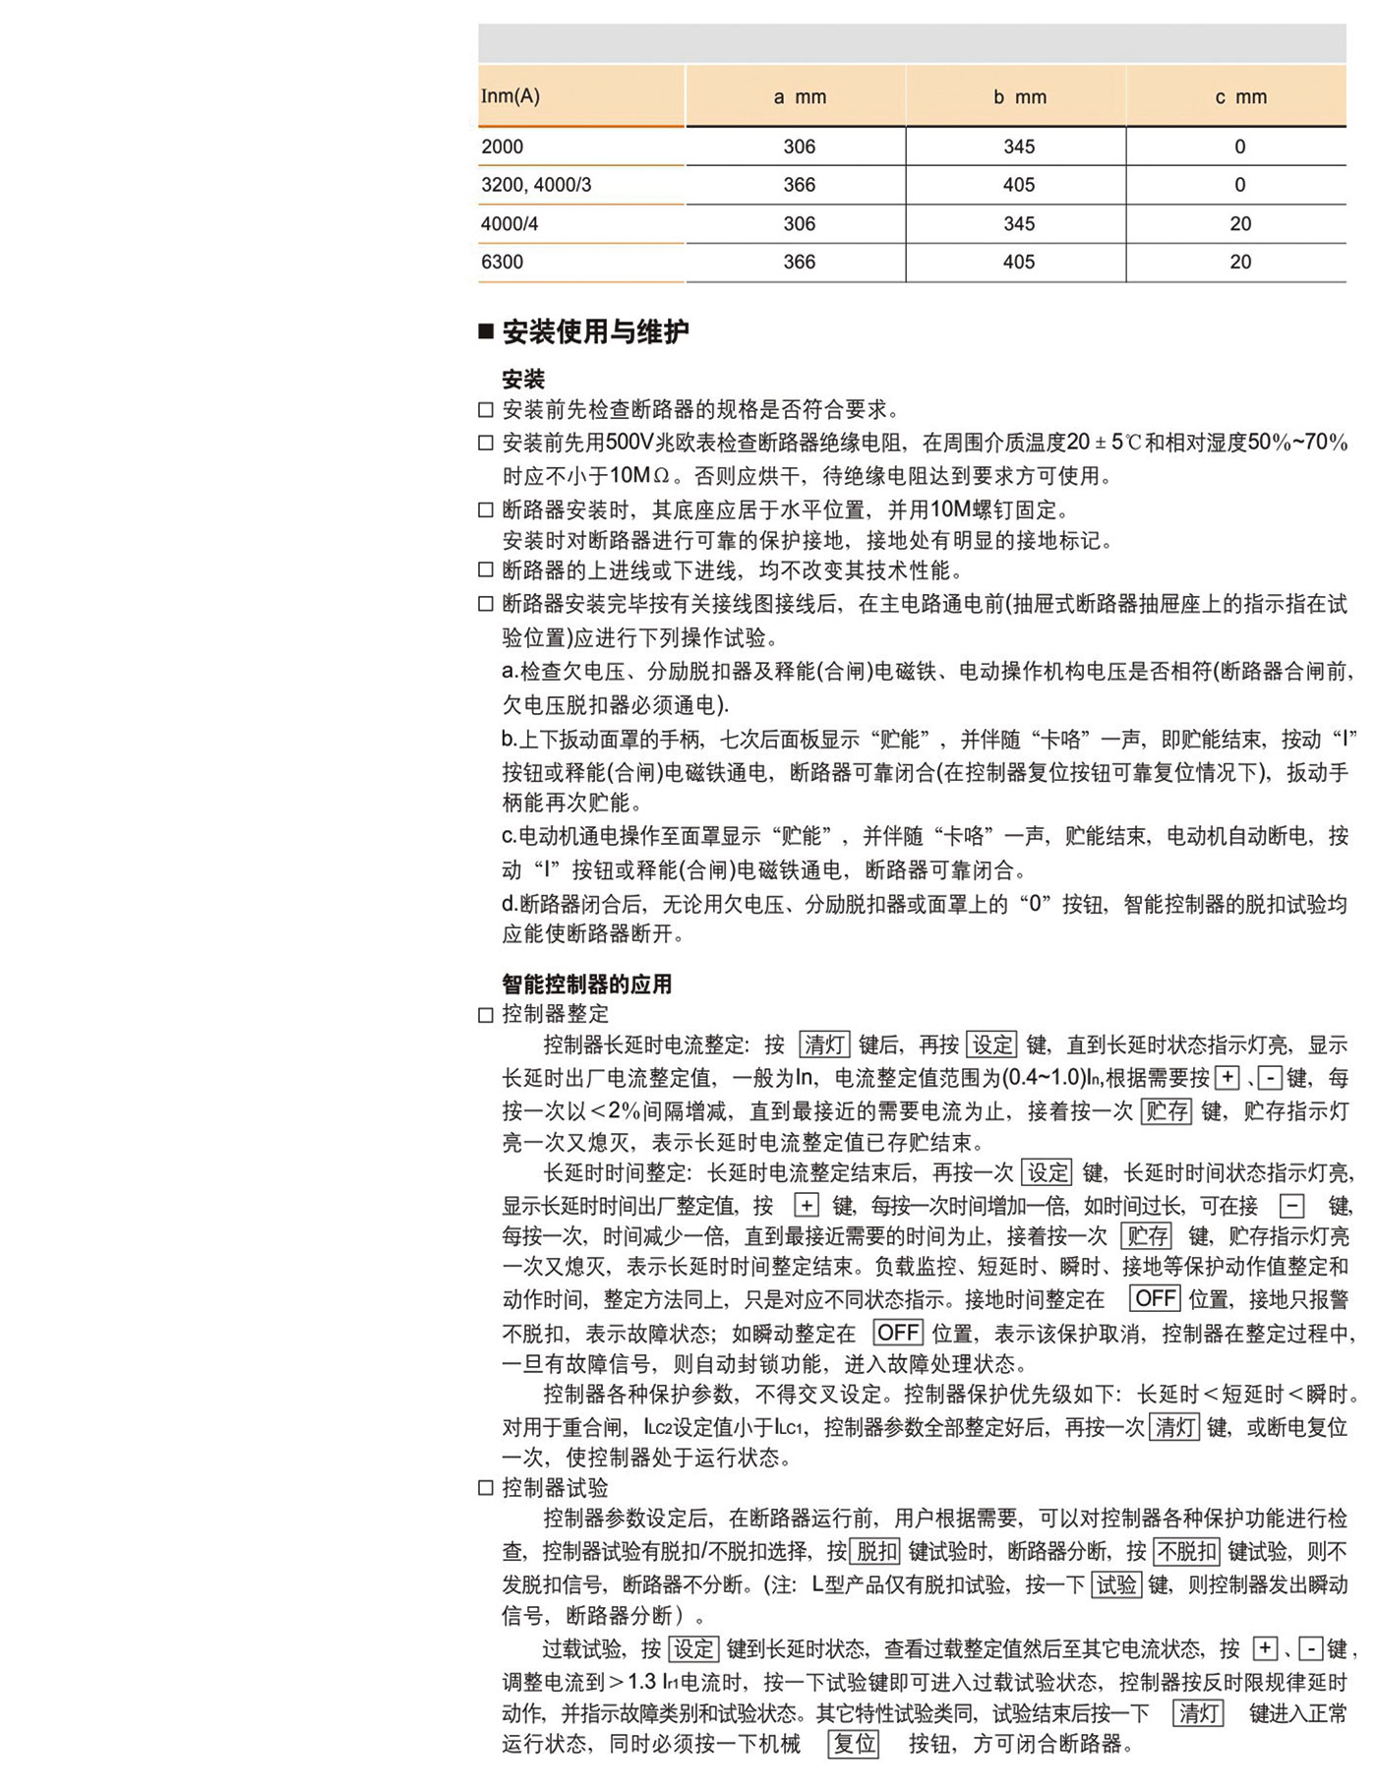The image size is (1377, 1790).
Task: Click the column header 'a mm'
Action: [799, 96]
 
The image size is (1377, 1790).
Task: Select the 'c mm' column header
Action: [1240, 96]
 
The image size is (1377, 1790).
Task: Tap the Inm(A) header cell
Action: [510, 95]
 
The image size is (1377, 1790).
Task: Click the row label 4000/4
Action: [509, 223]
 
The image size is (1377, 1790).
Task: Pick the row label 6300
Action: [502, 262]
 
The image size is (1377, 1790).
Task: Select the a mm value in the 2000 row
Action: [799, 147]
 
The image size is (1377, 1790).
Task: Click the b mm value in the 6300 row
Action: [1019, 262]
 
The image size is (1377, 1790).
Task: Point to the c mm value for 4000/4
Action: [1240, 223]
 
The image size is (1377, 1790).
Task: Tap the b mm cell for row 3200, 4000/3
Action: [1019, 185]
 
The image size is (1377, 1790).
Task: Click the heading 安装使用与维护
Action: [595, 332]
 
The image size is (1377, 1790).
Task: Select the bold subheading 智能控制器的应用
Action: [587, 984]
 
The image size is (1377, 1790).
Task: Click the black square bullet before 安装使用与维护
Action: [486, 332]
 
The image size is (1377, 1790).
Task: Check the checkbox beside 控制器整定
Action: [486, 1015]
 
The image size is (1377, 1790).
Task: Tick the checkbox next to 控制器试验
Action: [486, 1488]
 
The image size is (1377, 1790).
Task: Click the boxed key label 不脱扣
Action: [1186, 1552]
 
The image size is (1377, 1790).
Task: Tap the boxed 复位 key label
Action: [854, 1744]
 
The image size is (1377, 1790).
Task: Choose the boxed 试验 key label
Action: [1116, 1584]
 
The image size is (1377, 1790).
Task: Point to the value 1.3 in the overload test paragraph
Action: [641, 1682]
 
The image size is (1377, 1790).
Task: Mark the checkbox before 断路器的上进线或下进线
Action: [486, 570]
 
